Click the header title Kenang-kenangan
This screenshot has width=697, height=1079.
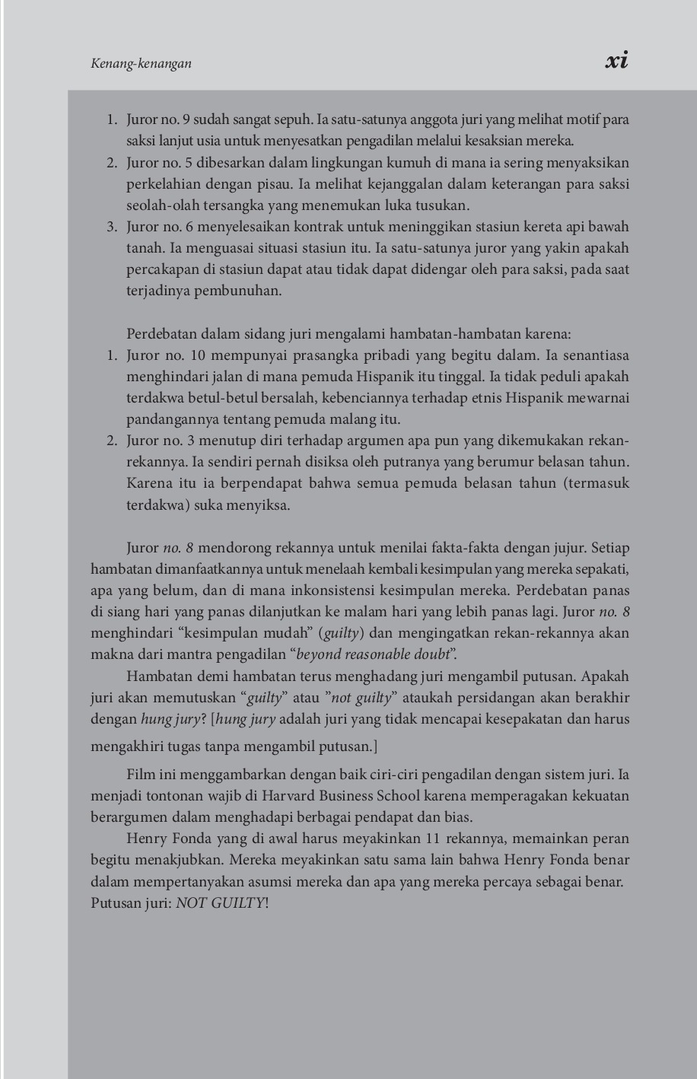tap(141, 64)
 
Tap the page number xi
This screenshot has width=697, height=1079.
tap(616, 61)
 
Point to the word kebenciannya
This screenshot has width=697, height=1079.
tap(447, 398)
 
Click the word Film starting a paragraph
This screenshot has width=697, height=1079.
tap(140, 775)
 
